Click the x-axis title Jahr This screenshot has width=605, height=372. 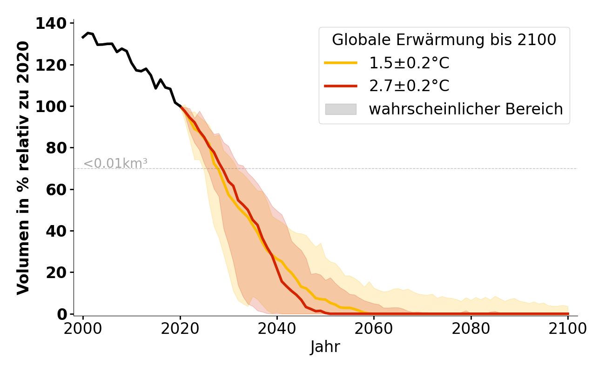point(325,347)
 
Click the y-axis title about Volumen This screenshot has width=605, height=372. point(24,167)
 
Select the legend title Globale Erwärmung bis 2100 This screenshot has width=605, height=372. point(444,40)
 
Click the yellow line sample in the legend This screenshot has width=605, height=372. point(341,63)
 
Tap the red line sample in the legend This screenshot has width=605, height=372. point(341,86)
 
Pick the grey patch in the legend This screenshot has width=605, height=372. point(341,109)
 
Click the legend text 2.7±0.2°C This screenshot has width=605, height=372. point(409,86)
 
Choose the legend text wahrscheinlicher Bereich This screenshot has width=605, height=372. point(466,109)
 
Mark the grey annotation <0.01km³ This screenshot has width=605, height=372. point(115,164)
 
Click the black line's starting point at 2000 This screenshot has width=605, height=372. point(83,37)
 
